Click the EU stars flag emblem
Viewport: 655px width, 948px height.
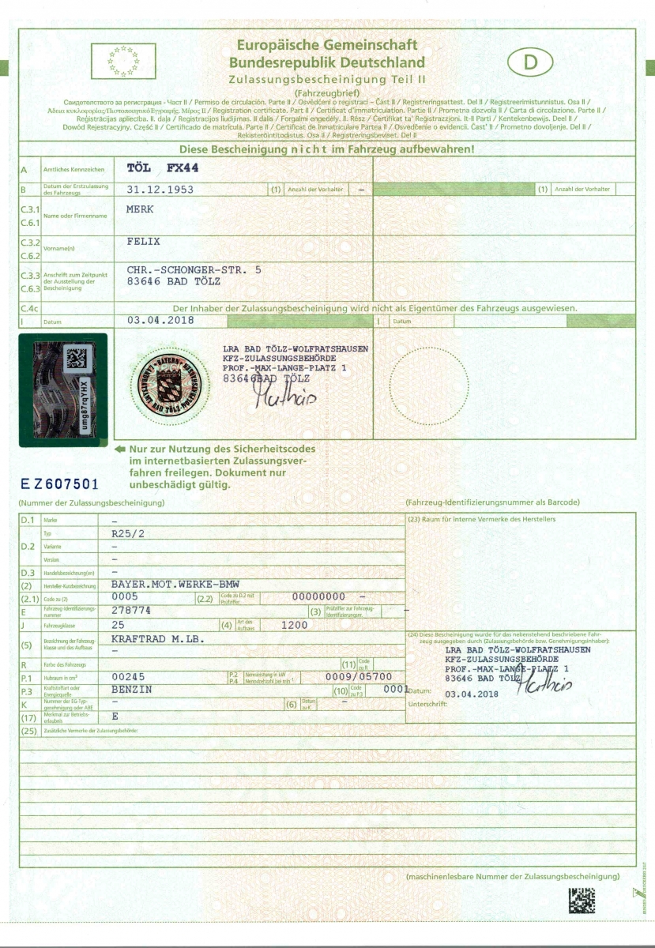click(x=123, y=61)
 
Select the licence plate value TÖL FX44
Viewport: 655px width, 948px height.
click(x=161, y=168)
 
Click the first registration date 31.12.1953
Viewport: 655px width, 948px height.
click(x=160, y=190)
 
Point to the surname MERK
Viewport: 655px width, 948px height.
click(x=140, y=209)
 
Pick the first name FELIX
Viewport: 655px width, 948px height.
click(x=144, y=240)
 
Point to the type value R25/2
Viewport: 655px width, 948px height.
click(x=128, y=533)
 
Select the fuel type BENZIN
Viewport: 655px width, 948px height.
click(x=133, y=690)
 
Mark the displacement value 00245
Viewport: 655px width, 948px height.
click(x=129, y=677)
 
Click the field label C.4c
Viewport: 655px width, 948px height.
click(x=28, y=307)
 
